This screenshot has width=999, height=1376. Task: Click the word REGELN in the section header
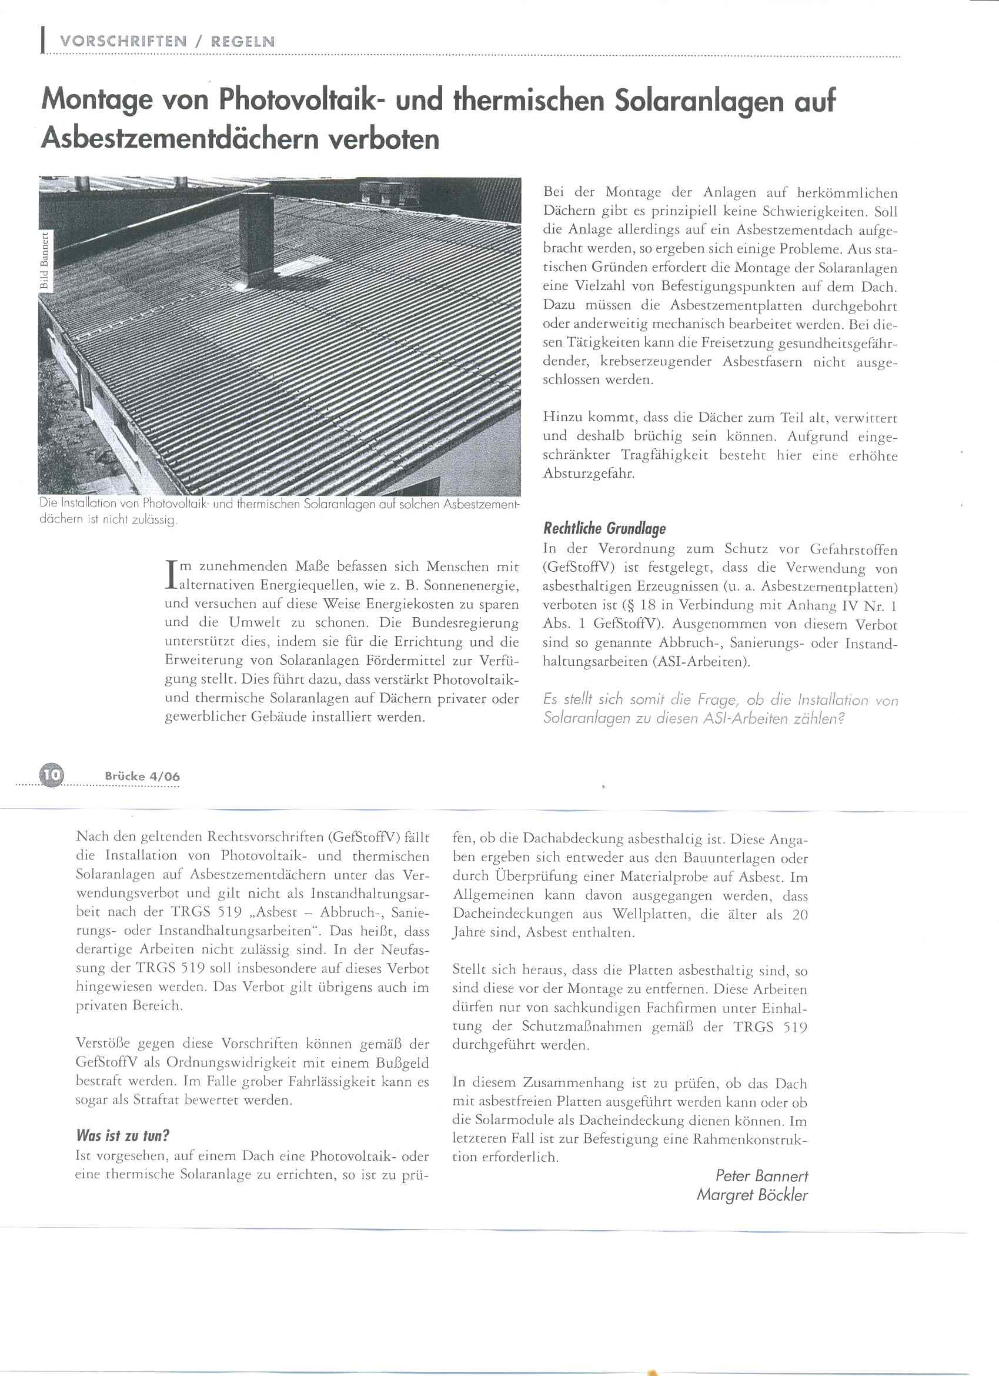click(x=243, y=41)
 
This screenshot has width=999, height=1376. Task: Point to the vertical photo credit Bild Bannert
click(x=44, y=261)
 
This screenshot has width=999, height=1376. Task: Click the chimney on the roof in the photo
click(x=257, y=236)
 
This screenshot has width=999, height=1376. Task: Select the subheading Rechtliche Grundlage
click(x=604, y=528)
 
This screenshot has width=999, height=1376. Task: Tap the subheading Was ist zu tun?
click(x=122, y=1135)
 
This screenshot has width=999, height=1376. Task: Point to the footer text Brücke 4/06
click(x=142, y=776)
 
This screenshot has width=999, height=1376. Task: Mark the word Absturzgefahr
click(x=589, y=474)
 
